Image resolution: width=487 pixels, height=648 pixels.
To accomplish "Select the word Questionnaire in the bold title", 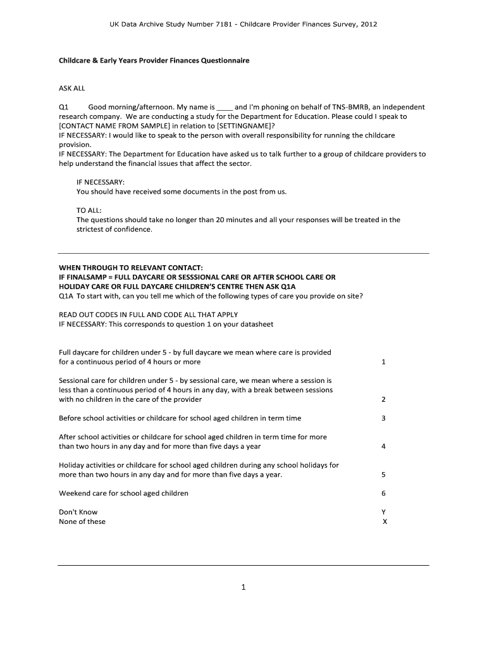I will [x=225, y=61].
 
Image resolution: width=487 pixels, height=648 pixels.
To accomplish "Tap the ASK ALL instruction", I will [x=71, y=89].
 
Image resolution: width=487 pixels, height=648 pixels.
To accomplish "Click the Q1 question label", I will [x=63, y=108].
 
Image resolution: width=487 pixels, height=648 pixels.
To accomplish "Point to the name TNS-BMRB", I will [x=347, y=108].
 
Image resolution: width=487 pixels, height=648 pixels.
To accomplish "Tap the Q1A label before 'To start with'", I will [x=66, y=296].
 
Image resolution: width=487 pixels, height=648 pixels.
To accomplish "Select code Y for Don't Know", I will [x=384, y=512].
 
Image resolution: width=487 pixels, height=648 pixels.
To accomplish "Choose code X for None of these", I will [x=385, y=522].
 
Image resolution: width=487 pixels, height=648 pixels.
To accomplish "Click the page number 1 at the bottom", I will [x=243, y=587].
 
